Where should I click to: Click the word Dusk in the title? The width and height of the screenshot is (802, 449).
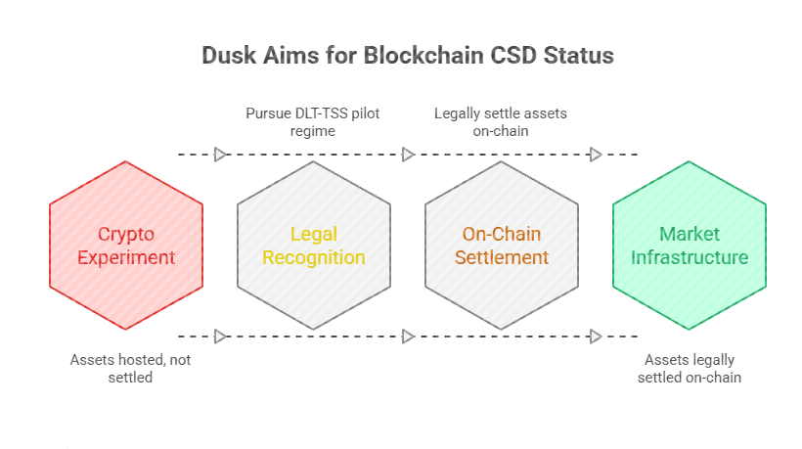[227, 55]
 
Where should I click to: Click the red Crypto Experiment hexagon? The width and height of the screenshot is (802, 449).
[126, 246]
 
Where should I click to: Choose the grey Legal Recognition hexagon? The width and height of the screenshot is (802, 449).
[314, 246]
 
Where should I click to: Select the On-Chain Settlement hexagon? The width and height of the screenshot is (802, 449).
[502, 246]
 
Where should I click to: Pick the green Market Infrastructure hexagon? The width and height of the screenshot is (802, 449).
[690, 246]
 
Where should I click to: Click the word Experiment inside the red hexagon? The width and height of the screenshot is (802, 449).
[126, 258]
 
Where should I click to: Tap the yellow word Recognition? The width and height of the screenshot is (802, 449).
[314, 258]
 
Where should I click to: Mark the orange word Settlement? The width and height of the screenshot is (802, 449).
[502, 258]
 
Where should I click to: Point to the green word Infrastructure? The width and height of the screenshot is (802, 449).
[690, 258]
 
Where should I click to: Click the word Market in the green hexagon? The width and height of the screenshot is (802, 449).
[690, 235]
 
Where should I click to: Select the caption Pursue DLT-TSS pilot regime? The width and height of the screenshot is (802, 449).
[313, 122]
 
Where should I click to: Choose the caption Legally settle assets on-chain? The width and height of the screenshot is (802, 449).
[501, 122]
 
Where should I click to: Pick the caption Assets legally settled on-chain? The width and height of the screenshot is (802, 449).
[690, 368]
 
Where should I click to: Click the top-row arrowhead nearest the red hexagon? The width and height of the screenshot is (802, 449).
[220, 155]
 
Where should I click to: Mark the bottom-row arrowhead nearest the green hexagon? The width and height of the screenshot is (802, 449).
[596, 337]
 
